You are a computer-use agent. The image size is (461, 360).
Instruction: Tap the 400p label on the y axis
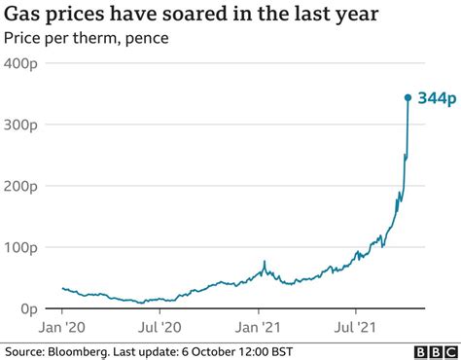[24, 64]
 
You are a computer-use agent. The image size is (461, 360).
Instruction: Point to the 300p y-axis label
[24, 126]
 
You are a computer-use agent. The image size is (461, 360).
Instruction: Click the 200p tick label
[24, 187]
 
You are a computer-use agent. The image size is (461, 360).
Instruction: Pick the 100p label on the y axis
[24, 248]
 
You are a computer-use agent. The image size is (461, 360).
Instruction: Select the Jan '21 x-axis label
[261, 328]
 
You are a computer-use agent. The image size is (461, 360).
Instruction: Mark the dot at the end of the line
[408, 97]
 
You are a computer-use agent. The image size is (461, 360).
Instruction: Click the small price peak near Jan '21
[265, 262]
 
